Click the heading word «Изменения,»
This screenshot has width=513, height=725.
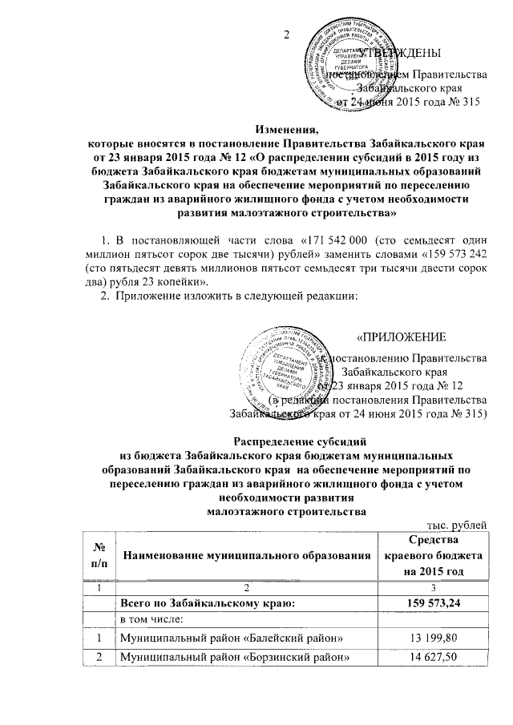(286, 129)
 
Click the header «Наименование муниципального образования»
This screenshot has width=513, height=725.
(246, 554)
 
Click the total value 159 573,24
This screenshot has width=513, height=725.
(434, 600)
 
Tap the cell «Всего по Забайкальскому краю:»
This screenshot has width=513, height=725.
(208, 600)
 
